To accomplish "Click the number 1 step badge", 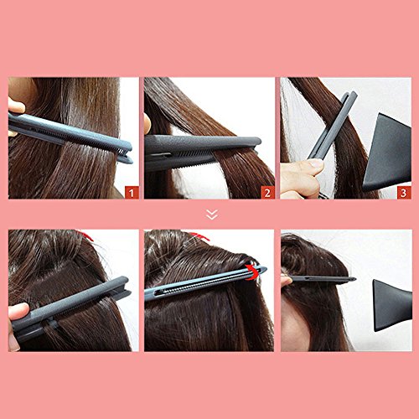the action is coord(132,193).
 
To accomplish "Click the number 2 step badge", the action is coord(267,193).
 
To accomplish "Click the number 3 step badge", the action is coord(404,193).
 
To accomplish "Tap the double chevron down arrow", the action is coord(212,215).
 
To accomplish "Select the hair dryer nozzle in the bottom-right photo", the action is coord(392,305).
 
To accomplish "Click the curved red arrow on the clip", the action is coord(252,272).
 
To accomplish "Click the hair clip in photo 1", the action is coord(70,137).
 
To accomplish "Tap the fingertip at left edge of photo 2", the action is coord(147,123).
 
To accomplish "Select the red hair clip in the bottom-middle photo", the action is coord(199,236).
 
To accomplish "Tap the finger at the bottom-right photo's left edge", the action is coord(284,280).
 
